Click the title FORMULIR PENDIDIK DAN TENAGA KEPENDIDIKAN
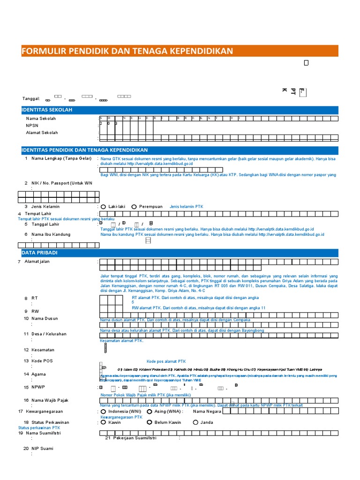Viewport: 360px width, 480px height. [127, 51]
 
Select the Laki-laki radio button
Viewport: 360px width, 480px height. [103, 207]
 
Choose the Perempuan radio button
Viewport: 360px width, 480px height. [134, 207]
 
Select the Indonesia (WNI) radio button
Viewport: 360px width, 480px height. [103, 412]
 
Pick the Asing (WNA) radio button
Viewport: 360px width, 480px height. [149, 412]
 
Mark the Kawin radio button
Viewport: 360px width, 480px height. [103, 422]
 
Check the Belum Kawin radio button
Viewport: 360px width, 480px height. [149, 422]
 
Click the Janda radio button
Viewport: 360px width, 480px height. [195, 422]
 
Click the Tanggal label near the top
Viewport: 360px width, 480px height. [31, 98]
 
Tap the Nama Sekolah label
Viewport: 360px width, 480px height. [41, 119]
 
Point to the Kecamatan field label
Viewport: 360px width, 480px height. [43, 350]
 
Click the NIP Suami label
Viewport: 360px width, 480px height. [42, 449]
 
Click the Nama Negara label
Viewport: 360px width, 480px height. [207, 412]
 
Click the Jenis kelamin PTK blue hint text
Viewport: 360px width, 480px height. [186, 207]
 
